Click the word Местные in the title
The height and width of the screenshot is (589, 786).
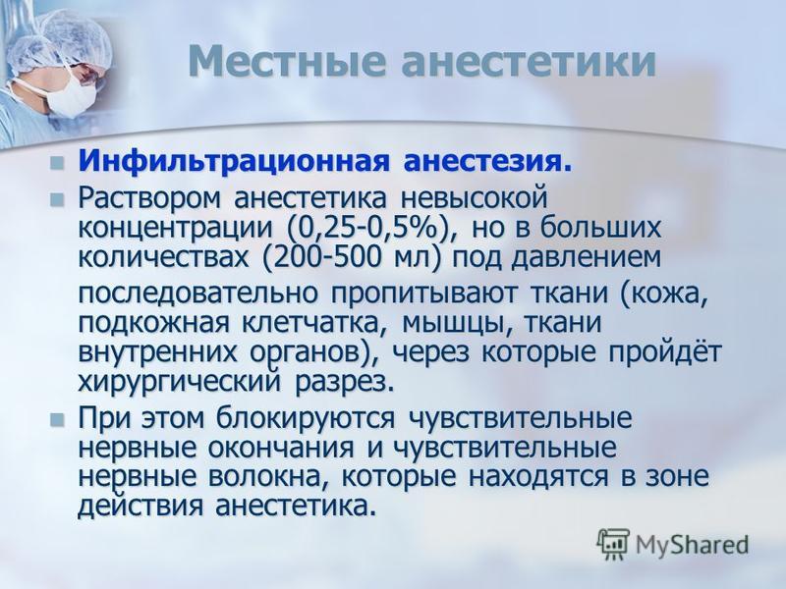coord(287,61)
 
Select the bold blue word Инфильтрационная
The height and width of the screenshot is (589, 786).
coord(234,161)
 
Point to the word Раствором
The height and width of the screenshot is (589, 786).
coord(149,199)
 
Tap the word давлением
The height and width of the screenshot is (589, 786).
coord(585,258)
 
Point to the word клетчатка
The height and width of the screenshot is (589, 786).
coord(314,323)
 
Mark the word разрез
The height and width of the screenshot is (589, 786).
coord(341,383)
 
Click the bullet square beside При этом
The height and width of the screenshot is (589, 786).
coord(57,419)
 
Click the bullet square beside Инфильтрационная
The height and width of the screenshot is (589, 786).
coord(57,163)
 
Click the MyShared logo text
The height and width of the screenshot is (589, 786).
coord(693,545)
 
